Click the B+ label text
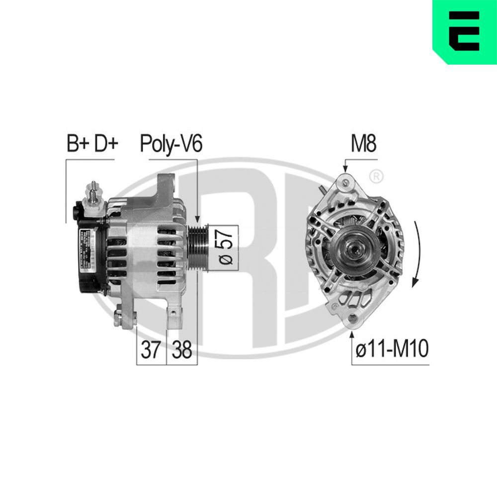78,144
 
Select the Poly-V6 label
171,144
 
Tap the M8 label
364,144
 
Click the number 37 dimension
151,350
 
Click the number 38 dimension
181,350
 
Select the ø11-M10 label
392,349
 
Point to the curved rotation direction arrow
417,253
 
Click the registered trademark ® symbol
377,175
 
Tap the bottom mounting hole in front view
353,318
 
